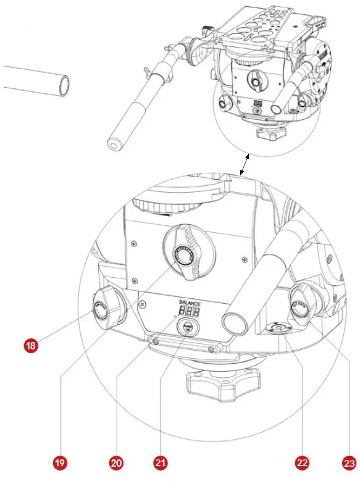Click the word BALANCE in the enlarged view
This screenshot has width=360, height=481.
(190, 303)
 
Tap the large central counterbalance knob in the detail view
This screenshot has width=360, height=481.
(186, 256)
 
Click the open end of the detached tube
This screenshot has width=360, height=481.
(62, 84)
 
